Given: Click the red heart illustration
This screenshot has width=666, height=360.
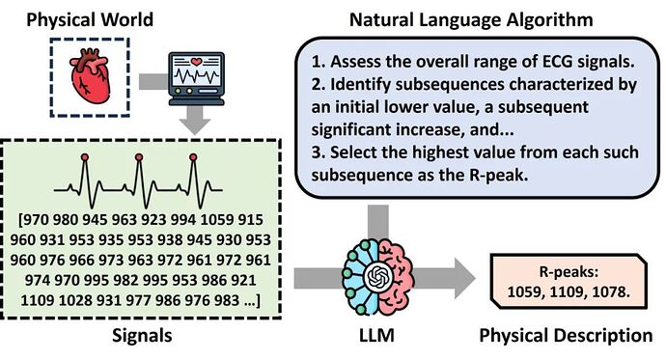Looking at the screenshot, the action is pos(90,75).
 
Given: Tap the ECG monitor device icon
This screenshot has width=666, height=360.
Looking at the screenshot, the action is pos(196,79).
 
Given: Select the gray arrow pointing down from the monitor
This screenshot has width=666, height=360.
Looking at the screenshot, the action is pos(195,120).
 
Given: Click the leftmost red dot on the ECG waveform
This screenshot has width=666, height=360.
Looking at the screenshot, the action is pos(85,157).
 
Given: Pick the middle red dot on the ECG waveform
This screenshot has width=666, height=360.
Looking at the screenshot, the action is pos(139,157).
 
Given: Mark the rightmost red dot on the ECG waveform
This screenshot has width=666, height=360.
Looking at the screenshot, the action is pos(193,157).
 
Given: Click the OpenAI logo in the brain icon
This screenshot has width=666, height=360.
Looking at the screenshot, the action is pos(377,278).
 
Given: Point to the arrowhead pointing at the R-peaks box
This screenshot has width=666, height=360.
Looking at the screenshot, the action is pos(464,278).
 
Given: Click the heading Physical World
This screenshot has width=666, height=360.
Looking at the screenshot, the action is pos(90,20).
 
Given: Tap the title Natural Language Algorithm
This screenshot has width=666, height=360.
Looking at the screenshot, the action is pos(471,20).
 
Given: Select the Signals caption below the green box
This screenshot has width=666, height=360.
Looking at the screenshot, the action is pos(142,336).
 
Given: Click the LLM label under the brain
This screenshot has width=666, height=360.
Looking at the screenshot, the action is pos(376,335).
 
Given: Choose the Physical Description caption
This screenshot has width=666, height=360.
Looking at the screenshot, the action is pos(566,335).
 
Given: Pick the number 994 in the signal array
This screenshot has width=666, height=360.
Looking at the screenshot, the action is pos(183,220).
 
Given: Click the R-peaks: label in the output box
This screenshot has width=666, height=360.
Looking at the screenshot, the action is pos(569,272).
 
